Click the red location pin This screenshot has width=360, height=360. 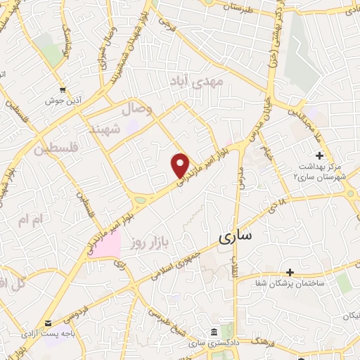(181, 165)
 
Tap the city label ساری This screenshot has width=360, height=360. (234, 237)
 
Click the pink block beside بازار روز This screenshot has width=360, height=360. (104, 245)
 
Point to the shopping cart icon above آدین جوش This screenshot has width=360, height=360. (64, 89)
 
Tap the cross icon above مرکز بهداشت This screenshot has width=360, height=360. (320, 155)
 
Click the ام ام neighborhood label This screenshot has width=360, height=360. (32, 220)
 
